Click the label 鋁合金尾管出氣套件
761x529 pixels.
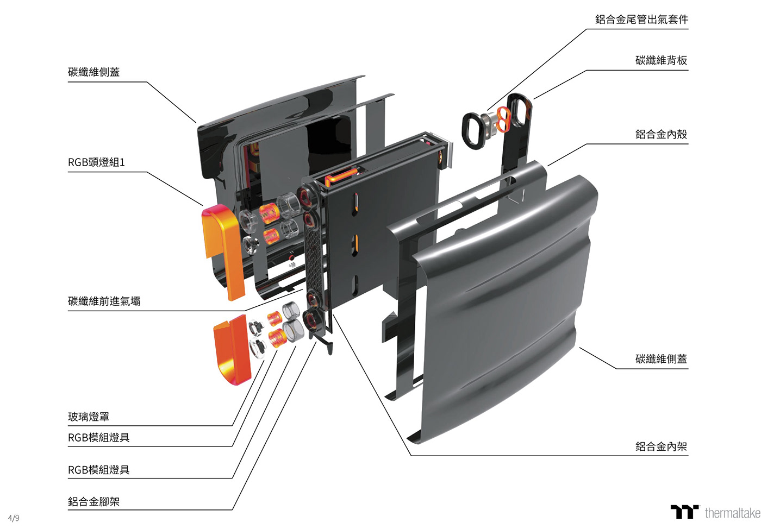click(641, 20)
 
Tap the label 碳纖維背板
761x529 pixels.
click(661, 60)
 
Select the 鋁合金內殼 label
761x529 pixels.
click(661, 134)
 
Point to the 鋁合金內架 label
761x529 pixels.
click(661, 446)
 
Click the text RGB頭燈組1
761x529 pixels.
click(96, 162)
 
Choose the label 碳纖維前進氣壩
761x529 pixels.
click(104, 301)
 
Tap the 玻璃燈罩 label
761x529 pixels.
click(89, 417)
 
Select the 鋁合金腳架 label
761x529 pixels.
click(93, 502)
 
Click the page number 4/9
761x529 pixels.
click(14, 518)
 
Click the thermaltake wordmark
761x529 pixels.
click(732, 513)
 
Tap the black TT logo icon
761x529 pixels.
click(684, 512)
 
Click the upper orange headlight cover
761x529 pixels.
click(223, 250)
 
